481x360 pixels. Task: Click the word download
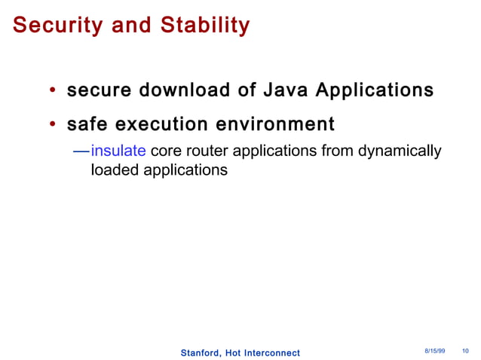(x=174, y=91)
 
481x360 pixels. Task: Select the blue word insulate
(x=118, y=151)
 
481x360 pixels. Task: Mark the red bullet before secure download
(x=53, y=92)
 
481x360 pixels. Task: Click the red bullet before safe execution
(x=53, y=124)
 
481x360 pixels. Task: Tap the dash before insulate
(x=81, y=151)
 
